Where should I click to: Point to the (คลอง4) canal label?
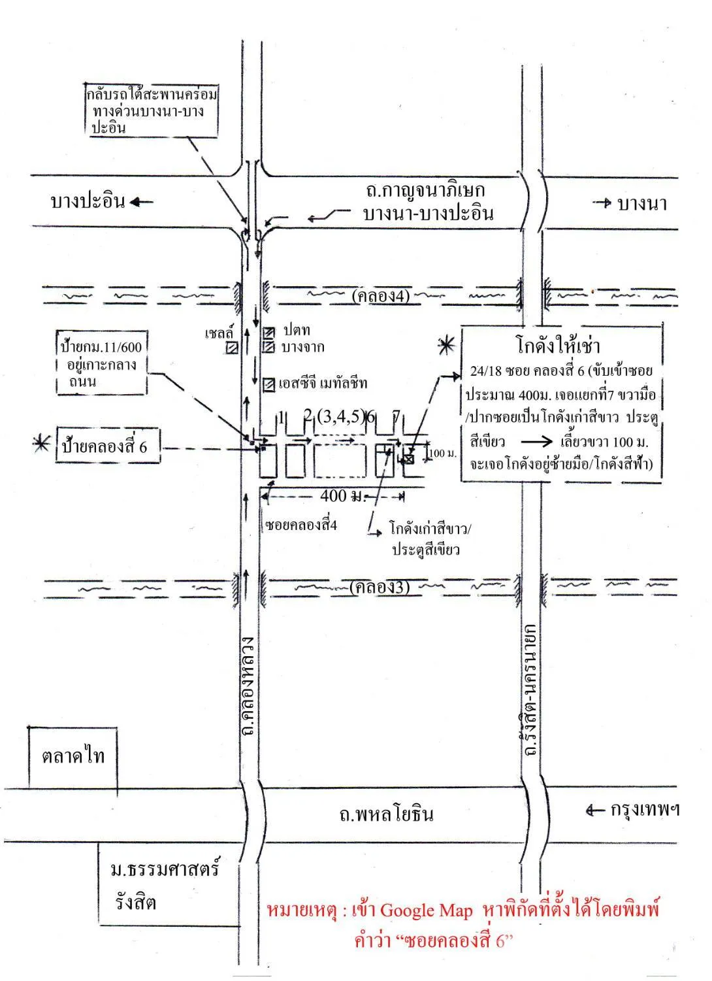tap(381, 297)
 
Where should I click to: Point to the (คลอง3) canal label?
tap(380, 587)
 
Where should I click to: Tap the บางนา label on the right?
tap(642, 204)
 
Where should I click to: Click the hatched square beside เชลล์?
tap(233, 348)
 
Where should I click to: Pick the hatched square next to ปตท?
tap(268, 332)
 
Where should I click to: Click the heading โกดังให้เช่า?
tap(558, 346)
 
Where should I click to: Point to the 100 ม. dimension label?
tap(444, 454)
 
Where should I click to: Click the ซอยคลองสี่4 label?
tap(301, 525)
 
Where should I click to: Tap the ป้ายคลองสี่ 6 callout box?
tap(108, 445)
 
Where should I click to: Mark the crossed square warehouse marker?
tap(408, 459)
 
